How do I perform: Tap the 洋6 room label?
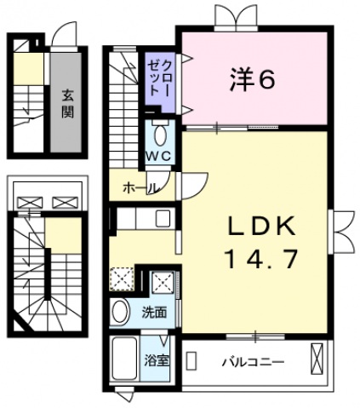point(252,80)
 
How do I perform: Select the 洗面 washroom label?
point(153,312)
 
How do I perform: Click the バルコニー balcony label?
point(253,360)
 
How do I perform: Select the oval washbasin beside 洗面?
point(121,311)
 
